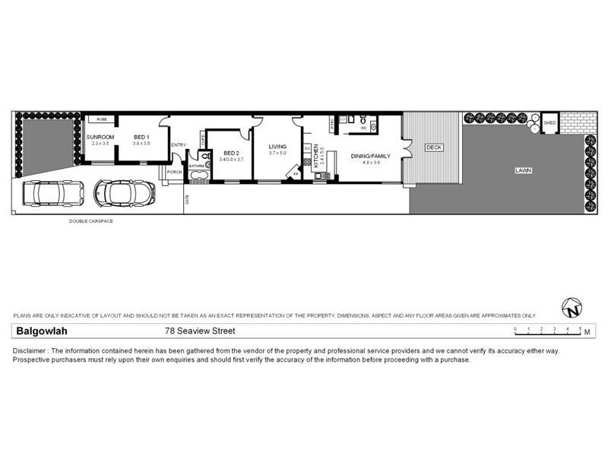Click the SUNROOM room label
click(100, 136)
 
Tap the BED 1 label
click(141, 136)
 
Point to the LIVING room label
click(277, 146)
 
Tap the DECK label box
click(434, 147)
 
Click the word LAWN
click(521, 171)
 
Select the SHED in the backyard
click(549, 122)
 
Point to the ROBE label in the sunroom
click(101, 119)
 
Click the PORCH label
click(175, 172)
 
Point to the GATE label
click(187, 201)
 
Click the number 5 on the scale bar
click(580, 328)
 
